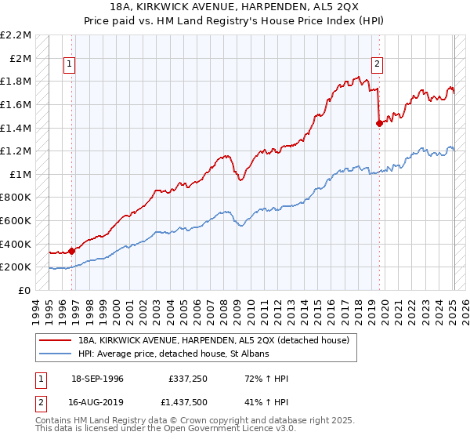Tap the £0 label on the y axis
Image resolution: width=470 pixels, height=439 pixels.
[x=25, y=290]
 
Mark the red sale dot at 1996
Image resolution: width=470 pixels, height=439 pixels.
[x=72, y=251]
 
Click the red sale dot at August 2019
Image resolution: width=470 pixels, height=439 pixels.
[x=379, y=123]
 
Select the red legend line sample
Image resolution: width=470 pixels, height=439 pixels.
[x=56, y=340]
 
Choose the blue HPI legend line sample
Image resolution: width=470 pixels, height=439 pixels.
[x=56, y=354]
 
